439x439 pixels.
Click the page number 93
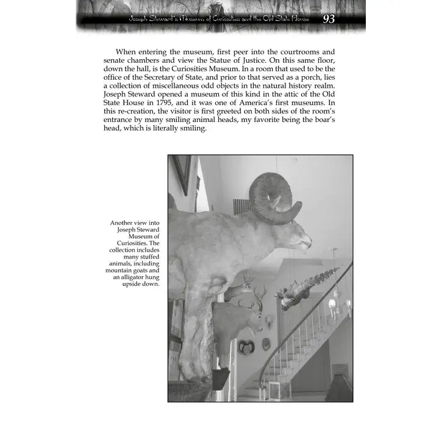click(x=329, y=20)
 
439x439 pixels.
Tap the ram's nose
click(x=307, y=245)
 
